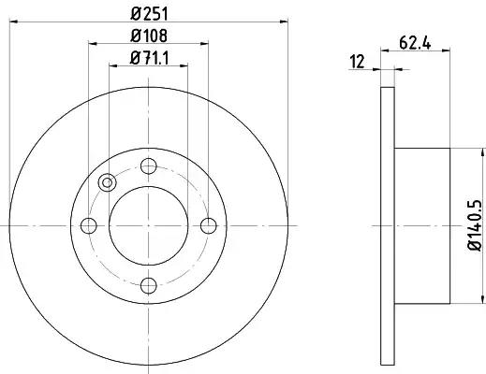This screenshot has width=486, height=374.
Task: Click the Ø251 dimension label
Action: click(x=149, y=14)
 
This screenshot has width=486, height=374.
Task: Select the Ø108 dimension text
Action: click(x=149, y=36)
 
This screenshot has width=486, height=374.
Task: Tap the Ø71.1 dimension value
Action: click(x=149, y=58)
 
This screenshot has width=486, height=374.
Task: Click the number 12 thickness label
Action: click(x=357, y=62)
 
